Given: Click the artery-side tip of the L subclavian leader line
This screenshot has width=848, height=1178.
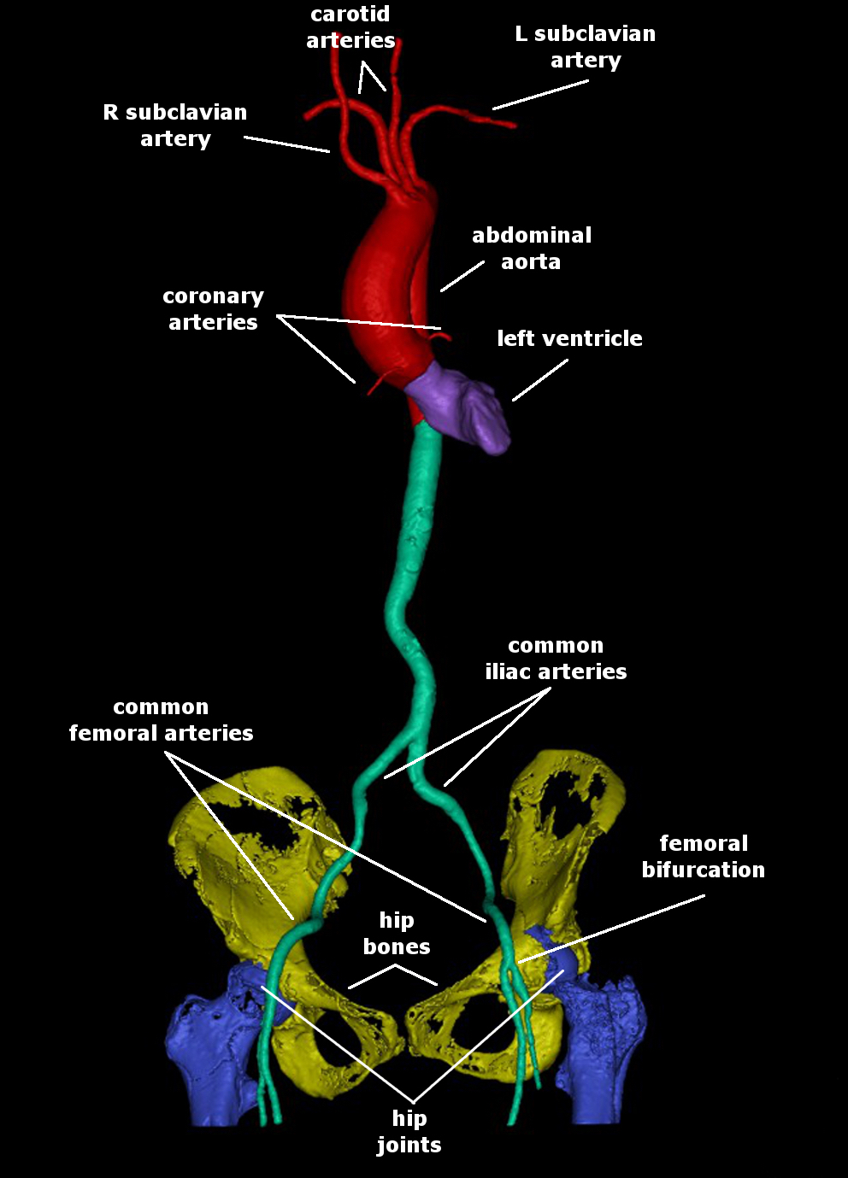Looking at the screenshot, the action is tap(493, 109).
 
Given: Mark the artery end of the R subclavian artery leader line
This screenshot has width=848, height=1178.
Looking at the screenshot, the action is tap(329, 152).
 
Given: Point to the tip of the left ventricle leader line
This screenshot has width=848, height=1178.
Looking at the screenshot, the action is tap(513, 401).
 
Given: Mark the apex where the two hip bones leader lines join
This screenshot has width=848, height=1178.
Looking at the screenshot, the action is tap(395, 965).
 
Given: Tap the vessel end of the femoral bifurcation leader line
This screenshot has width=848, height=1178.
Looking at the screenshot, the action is tap(519, 963).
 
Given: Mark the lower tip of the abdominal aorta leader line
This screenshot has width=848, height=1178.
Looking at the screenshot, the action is tap(441, 290).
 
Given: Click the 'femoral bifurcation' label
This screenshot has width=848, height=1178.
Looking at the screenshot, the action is tap(704, 857).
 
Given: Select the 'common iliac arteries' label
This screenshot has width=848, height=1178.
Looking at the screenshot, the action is tap(556, 659).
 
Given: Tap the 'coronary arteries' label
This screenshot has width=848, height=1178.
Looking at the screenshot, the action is tap(213, 309).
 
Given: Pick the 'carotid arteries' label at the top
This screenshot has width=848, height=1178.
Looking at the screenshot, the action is tap(350, 27).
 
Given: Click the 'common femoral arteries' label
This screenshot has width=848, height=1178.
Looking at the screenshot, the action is tap(161, 720).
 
